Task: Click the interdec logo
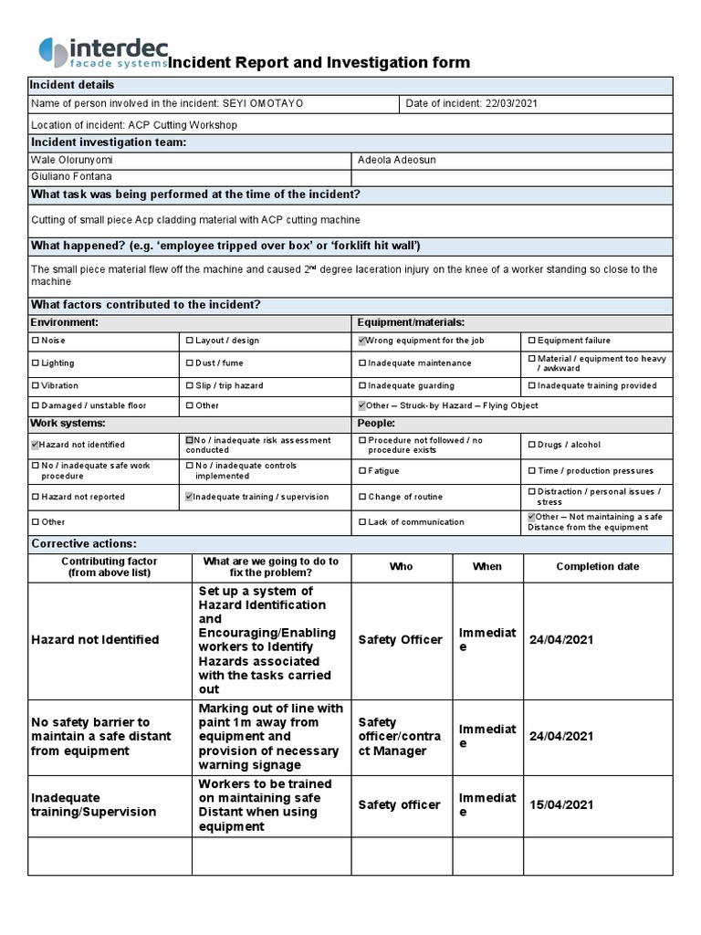tap(103, 53)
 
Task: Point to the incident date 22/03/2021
tap(509, 103)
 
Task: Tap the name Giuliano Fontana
tap(73, 176)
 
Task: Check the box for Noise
tap(36, 341)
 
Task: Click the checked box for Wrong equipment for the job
tap(361, 341)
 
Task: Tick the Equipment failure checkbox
tap(531, 341)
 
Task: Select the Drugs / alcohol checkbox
tap(531, 445)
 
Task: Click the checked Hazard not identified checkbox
tap(36, 445)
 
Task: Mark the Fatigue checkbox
tap(361, 471)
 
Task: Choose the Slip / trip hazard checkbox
tap(190, 386)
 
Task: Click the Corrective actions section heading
tap(84, 543)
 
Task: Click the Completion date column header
tap(597, 566)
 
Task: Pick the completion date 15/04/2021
tap(560, 804)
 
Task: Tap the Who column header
tap(401, 566)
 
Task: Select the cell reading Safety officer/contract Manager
tap(400, 736)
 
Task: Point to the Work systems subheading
tap(68, 424)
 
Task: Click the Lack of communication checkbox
tap(361, 522)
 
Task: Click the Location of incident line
tap(134, 125)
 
